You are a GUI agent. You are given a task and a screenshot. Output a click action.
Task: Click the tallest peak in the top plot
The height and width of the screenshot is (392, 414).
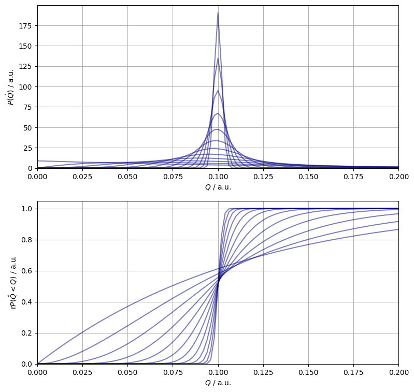tap(218, 13)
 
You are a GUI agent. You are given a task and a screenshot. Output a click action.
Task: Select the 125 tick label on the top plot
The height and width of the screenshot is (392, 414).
tap(25, 66)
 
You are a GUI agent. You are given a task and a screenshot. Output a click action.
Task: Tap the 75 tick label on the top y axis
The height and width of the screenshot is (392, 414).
tap(27, 107)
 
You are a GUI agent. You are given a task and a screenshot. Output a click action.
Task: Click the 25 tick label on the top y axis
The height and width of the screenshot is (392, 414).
tap(27, 148)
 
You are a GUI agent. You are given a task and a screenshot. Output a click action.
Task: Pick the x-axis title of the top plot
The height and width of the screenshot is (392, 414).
tap(218, 187)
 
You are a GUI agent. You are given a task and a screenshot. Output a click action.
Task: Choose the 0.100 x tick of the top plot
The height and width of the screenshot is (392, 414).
tap(218, 177)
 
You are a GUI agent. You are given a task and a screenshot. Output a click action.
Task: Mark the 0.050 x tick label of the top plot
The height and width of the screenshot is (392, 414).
tap(127, 177)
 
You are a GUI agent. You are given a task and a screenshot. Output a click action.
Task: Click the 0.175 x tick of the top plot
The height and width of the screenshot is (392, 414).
tap(353, 177)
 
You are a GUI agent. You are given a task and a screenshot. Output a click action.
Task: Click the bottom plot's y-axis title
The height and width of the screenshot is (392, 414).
tap(13, 282)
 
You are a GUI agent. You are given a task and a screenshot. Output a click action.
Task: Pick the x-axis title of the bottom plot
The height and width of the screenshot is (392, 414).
tap(218, 383)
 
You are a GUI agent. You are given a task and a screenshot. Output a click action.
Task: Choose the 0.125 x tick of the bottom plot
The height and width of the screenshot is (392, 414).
tap(263, 373)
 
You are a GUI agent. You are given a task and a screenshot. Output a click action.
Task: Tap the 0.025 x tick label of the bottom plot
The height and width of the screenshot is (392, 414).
tap(82, 373)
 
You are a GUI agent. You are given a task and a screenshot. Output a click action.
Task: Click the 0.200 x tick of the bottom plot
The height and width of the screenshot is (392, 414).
tap(398, 373)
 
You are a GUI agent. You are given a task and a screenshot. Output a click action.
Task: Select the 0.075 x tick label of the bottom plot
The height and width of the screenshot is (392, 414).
tap(173, 373)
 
